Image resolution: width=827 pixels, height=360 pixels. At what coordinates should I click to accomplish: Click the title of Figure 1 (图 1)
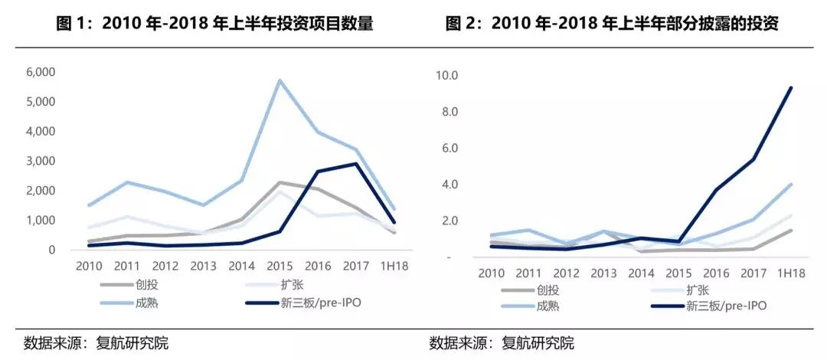pos(215,24)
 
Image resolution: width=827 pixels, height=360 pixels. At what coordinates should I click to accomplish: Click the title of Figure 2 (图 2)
pos(612,24)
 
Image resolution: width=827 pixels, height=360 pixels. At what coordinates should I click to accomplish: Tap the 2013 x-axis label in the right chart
pos(604,273)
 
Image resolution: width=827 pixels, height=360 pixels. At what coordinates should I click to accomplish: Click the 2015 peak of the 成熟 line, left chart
pos(279,80)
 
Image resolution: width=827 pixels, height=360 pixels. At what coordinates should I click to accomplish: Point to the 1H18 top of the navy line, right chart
pos(791,87)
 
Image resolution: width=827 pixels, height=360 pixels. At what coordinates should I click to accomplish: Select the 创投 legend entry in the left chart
pos(138,283)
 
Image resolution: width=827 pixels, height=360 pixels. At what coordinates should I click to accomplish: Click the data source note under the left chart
pos(96,342)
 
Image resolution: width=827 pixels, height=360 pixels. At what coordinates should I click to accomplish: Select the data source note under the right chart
pos(502,342)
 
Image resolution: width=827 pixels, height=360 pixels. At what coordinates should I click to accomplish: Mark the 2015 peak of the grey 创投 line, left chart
pos(279,182)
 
